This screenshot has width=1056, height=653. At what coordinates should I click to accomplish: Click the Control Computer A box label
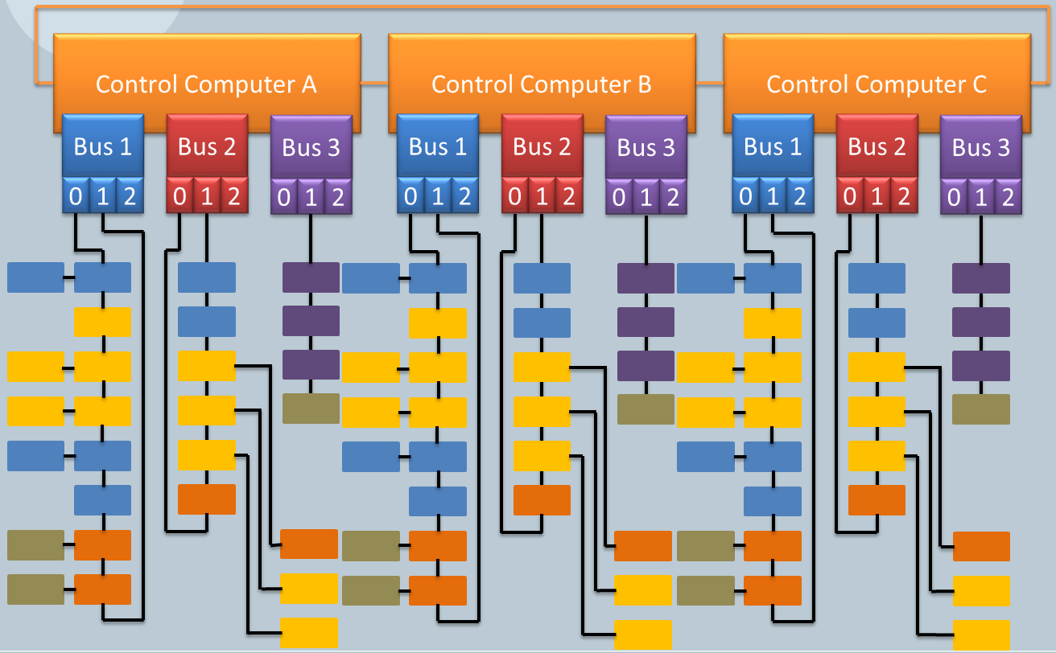coord(206,84)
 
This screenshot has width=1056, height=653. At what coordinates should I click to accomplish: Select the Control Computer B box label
coord(541,84)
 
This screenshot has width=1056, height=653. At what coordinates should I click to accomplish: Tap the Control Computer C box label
coord(876,84)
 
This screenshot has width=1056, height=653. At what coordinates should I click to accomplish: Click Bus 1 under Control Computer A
coord(103,146)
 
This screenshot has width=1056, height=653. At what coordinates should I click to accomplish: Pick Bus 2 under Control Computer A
coord(207,146)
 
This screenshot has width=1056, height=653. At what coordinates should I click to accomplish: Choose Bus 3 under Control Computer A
coord(311,148)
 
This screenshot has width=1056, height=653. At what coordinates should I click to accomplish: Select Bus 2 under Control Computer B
coord(542,146)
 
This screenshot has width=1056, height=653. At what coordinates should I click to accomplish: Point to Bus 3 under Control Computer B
coord(646,148)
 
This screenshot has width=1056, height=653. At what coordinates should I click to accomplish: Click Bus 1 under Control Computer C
coord(773,146)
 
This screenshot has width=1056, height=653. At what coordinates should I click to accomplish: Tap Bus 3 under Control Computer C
coord(980,148)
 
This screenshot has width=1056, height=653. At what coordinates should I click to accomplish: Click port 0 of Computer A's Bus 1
coord(75,196)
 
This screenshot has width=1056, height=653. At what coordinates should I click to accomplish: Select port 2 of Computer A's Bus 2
coord(233,196)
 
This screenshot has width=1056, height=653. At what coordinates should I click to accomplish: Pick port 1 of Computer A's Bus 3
coord(311,197)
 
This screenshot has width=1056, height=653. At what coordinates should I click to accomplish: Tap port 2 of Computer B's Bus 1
coord(464,196)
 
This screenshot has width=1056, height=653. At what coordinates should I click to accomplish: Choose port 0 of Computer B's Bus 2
coord(516,196)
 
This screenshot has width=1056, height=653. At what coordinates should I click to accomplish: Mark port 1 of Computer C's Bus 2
coord(877,196)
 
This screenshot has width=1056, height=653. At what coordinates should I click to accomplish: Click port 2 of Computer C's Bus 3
coord(1007,197)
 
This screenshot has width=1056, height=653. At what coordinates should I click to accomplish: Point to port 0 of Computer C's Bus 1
coord(745,196)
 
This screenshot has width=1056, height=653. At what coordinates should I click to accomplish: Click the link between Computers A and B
coord(374,83)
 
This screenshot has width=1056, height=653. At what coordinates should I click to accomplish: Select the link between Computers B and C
coord(709,83)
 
